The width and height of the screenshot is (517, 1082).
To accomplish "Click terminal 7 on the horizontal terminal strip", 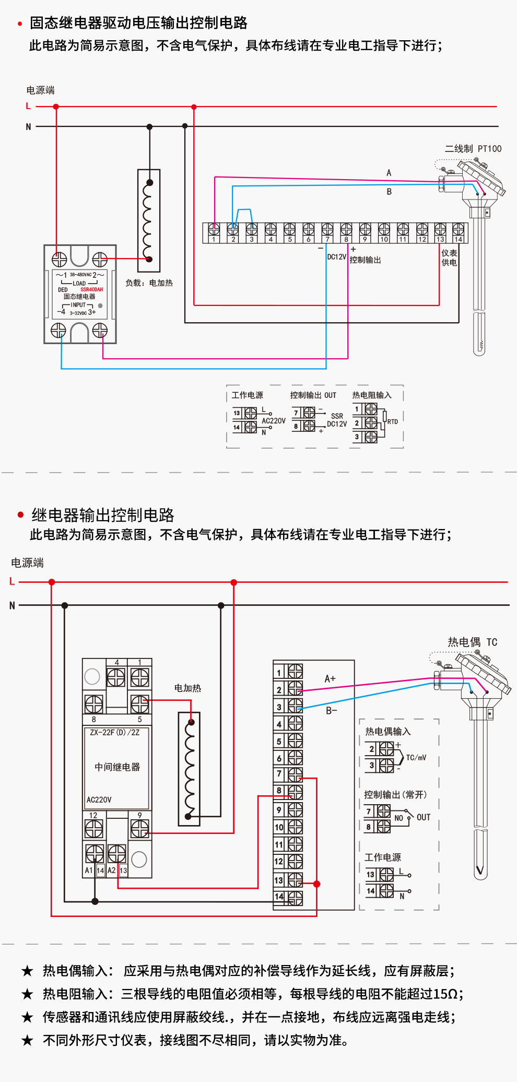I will tap(327, 230).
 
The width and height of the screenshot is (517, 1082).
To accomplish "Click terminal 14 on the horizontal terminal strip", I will tap(458, 230).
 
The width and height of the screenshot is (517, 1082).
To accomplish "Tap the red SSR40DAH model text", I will tap(91, 289).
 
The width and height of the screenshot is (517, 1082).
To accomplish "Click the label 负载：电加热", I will tap(149, 283).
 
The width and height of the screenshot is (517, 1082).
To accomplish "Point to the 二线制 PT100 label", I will tap(473, 149).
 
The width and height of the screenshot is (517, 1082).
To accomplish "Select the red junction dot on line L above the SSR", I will tap(56, 107).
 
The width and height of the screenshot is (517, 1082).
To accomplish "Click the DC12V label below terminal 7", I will tap(336, 257).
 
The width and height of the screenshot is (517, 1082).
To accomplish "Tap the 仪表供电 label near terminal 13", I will tap(449, 257).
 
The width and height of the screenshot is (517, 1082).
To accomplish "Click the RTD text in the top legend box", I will tap(392, 422).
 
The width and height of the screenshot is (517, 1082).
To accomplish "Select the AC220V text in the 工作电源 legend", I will tap(274, 421).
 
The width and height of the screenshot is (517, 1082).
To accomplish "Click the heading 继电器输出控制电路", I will tap(103, 515).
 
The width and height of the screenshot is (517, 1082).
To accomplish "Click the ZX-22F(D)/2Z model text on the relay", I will tap(115, 733).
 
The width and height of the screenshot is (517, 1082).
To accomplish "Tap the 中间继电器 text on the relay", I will tap(117, 767).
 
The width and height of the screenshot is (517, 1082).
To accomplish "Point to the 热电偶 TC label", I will tap(472, 642).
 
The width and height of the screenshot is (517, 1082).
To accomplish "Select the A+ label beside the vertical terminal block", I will tap(330, 679).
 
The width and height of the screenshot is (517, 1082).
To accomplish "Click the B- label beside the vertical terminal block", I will tap(332, 711).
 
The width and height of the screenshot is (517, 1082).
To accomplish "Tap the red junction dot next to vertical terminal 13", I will tap(316, 884).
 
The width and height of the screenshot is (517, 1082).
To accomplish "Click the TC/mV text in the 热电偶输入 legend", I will tap(416, 758).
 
